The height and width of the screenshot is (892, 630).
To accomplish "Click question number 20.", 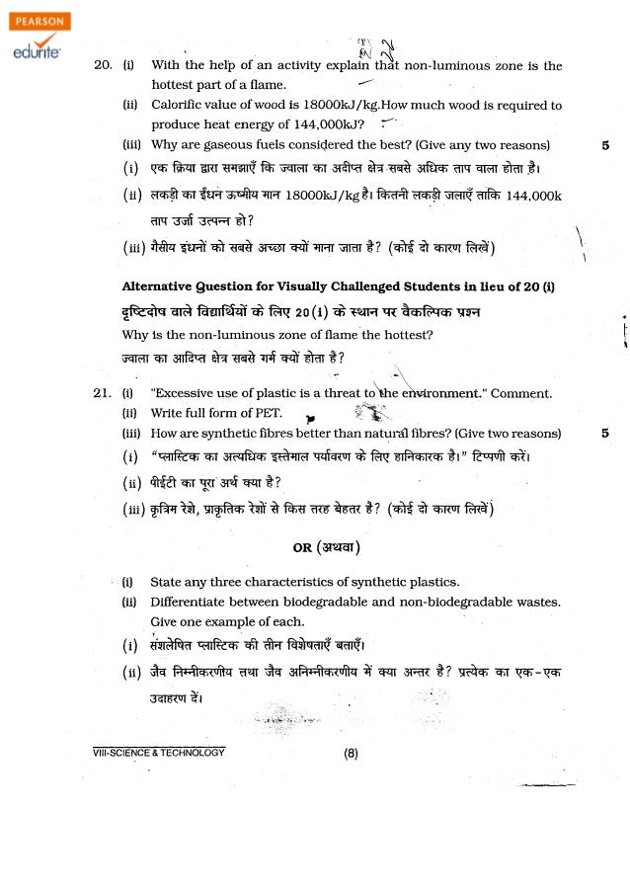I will [102, 66].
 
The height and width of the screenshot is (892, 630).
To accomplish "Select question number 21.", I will [102, 393].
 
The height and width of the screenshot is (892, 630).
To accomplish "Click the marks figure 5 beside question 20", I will [603, 144].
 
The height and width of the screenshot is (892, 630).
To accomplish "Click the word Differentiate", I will [193, 601].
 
